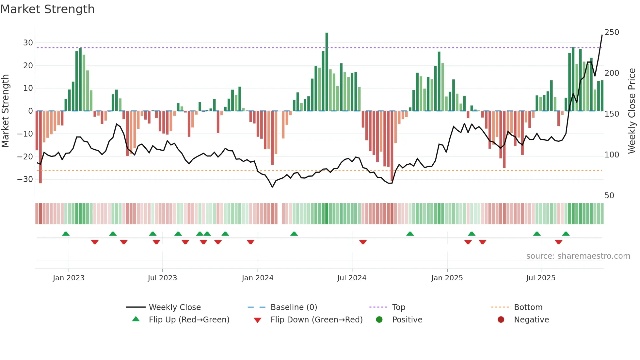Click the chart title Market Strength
[x=47, y=9]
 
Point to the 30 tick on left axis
[x=28, y=43]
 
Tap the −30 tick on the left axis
[x=25, y=179]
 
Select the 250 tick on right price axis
[x=612, y=32]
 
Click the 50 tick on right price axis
[x=609, y=196]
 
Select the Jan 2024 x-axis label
[x=258, y=278]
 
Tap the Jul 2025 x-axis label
[x=541, y=278]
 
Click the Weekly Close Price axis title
[x=632, y=111]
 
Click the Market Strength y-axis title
[x=6, y=111]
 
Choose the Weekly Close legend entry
[x=174, y=307]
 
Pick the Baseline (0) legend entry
[x=294, y=307]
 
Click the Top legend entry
[x=398, y=307]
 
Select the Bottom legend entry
[x=528, y=307]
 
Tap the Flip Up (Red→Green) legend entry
[x=189, y=320]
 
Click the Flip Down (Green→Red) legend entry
[x=316, y=320]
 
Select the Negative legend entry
[x=531, y=320]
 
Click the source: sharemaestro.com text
[x=578, y=256]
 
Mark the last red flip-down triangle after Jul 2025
[x=558, y=242]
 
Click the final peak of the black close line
[x=602, y=35]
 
